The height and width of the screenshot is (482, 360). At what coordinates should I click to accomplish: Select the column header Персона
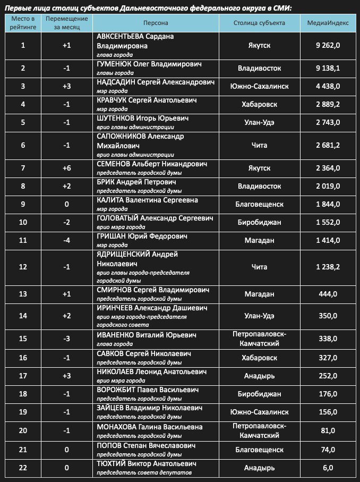tap(156, 23)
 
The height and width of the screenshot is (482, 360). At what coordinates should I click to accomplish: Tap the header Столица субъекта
tap(259, 23)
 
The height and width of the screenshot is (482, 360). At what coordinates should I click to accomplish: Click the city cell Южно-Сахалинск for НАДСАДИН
tap(259, 86)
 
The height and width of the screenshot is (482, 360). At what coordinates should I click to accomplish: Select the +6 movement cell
tap(66, 168)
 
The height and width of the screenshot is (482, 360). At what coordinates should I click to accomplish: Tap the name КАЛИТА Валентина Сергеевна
tap(147, 200)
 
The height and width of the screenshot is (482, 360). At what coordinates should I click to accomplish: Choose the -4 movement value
tap(66, 240)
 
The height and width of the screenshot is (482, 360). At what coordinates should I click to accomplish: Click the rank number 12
tap(23, 266)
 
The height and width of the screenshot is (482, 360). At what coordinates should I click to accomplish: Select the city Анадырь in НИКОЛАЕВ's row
tap(259, 376)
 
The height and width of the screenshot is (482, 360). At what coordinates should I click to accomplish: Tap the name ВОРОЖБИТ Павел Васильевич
tap(148, 390)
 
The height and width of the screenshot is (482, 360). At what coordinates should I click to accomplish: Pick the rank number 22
tap(23, 468)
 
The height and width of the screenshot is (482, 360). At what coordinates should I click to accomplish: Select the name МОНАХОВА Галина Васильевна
tap(149, 427)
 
